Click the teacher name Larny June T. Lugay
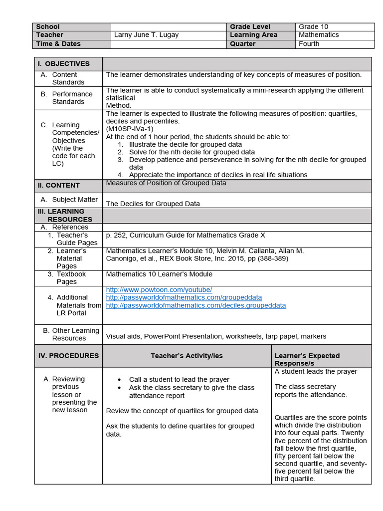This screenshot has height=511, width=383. pyautogui.click(x=146, y=35)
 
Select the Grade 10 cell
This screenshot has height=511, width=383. pyautogui.click(x=313, y=26)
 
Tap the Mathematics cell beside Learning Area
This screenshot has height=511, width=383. pyautogui.click(x=318, y=35)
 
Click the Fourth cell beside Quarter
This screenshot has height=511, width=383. pyautogui.click(x=309, y=44)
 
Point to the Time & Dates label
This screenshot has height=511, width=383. pyautogui.click(x=58, y=44)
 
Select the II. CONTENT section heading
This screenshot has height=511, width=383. pyautogui.click(x=59, y=185)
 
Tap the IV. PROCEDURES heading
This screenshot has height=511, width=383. pyautogui.click(x=68, y=356)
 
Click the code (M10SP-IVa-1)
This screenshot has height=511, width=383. pyautogui.click(x=130, y=129)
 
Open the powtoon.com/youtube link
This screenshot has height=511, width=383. pyautogui.click(x=159, y=290)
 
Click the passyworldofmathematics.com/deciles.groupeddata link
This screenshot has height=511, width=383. pyautogui.click(x=196, y=305)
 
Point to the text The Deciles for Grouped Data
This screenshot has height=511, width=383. pyautogui.click(x=153, y=204)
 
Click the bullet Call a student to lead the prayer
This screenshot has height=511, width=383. pyautogui.click(x=179, y=379)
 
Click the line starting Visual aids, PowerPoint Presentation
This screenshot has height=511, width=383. pyautogui.click(x=216, y=336)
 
